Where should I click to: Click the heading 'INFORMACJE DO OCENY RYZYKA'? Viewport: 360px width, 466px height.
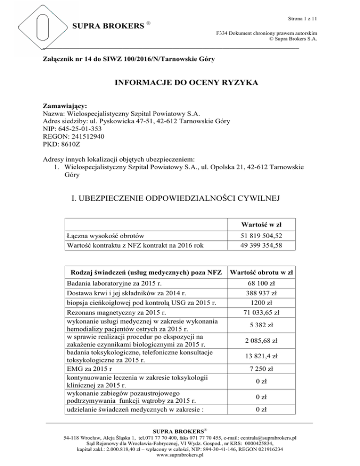point(180,85)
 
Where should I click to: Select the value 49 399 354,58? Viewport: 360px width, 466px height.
point(267,245)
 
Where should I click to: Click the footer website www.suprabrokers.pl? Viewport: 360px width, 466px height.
point(180,455)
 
